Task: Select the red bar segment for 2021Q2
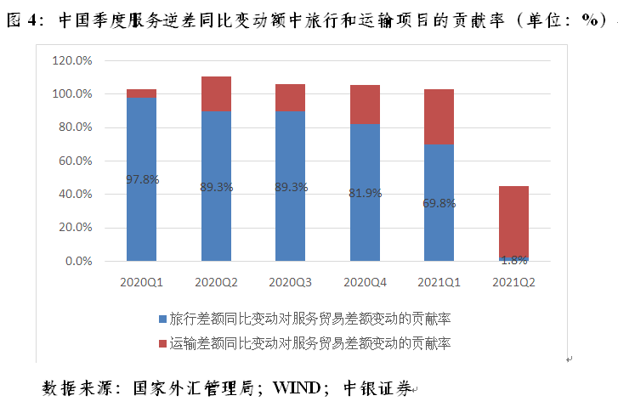click(513, 221)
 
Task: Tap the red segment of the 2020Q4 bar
click(365, 104)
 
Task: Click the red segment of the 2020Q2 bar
click(216, 93)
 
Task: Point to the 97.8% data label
click(142, 179)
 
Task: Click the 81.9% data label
click(365, 193)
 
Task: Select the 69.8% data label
click(439, 203)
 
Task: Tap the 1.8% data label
click(513, 260)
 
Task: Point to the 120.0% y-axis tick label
click(72, 61)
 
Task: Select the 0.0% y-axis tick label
click(78, 262)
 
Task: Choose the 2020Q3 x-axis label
click(290, 281)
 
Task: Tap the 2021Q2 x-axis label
click(513, 281)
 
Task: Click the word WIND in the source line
click(297, 388)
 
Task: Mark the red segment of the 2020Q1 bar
click(141, 93)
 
